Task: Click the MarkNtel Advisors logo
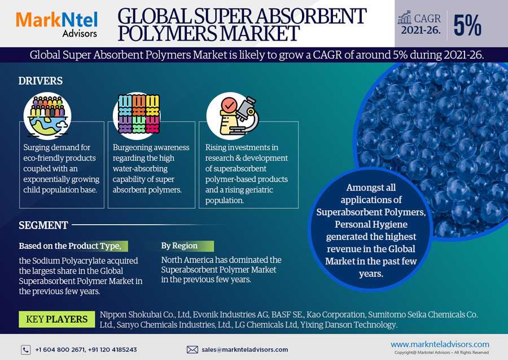57,24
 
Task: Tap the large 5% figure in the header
467,25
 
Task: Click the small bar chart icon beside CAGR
404,19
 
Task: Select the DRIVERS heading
41,81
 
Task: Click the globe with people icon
47,116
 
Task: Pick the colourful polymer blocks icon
139,115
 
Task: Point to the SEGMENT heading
43,225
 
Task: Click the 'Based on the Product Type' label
70,246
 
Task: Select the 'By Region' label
179,245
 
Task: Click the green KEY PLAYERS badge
56,319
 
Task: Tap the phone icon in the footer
26,350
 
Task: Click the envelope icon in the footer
192,350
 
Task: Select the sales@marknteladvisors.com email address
244,350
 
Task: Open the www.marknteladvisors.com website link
440,344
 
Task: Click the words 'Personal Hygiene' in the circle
371,225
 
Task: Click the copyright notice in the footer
441,353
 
